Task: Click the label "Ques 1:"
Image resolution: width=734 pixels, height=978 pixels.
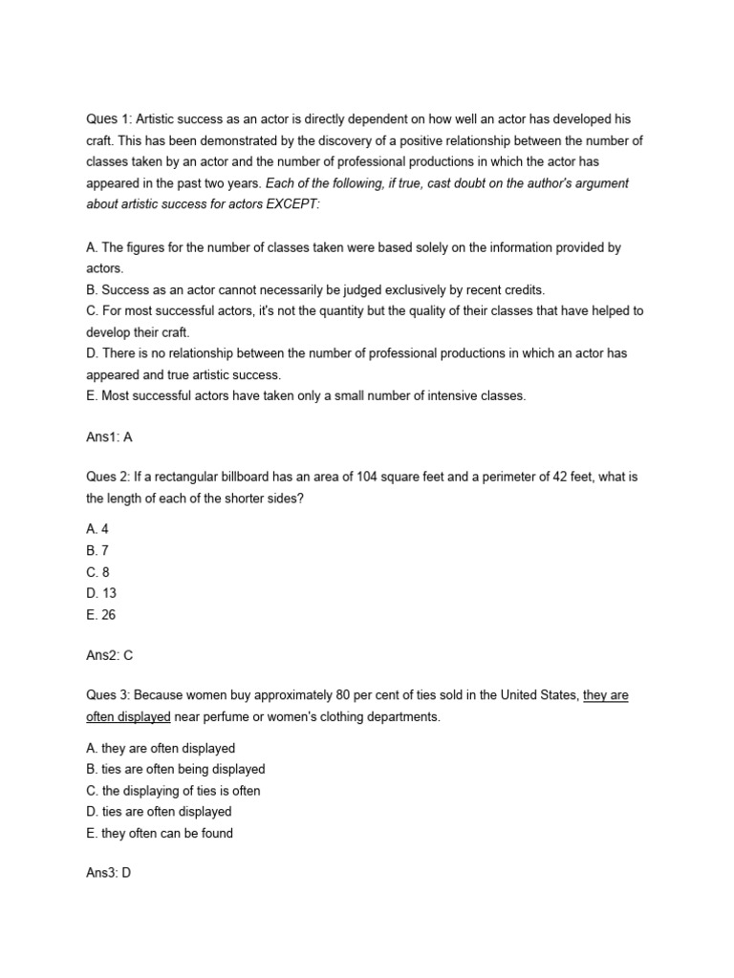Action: point(108,119)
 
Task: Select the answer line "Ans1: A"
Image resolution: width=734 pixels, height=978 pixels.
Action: point(108,438)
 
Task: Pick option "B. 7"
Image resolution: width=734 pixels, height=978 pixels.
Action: point(97,551)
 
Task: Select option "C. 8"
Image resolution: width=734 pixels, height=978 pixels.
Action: point(97,572)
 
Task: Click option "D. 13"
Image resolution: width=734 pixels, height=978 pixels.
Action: point(101,594)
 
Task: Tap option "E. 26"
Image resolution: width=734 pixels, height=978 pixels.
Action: point(101,615)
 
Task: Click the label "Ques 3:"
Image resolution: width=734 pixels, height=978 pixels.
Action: point(108,696)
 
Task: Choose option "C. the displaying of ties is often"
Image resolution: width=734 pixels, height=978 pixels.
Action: point(173,791)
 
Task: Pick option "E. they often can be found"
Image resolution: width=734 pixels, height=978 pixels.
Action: point(160,833)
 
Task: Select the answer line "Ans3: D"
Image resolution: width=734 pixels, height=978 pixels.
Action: point(108,872)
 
